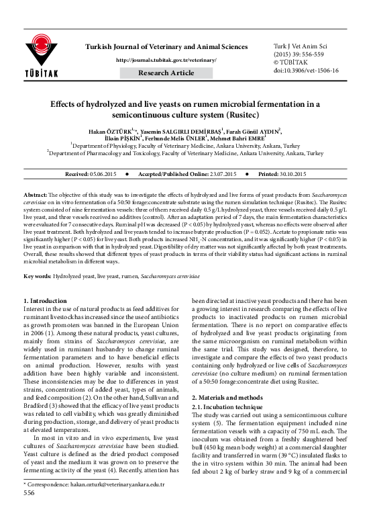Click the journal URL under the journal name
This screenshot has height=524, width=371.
click(166, 60)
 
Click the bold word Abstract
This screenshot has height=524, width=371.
click(36, 193)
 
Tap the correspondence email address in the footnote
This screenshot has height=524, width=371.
click(115, 503)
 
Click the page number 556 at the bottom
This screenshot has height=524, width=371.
click(29, 511)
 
